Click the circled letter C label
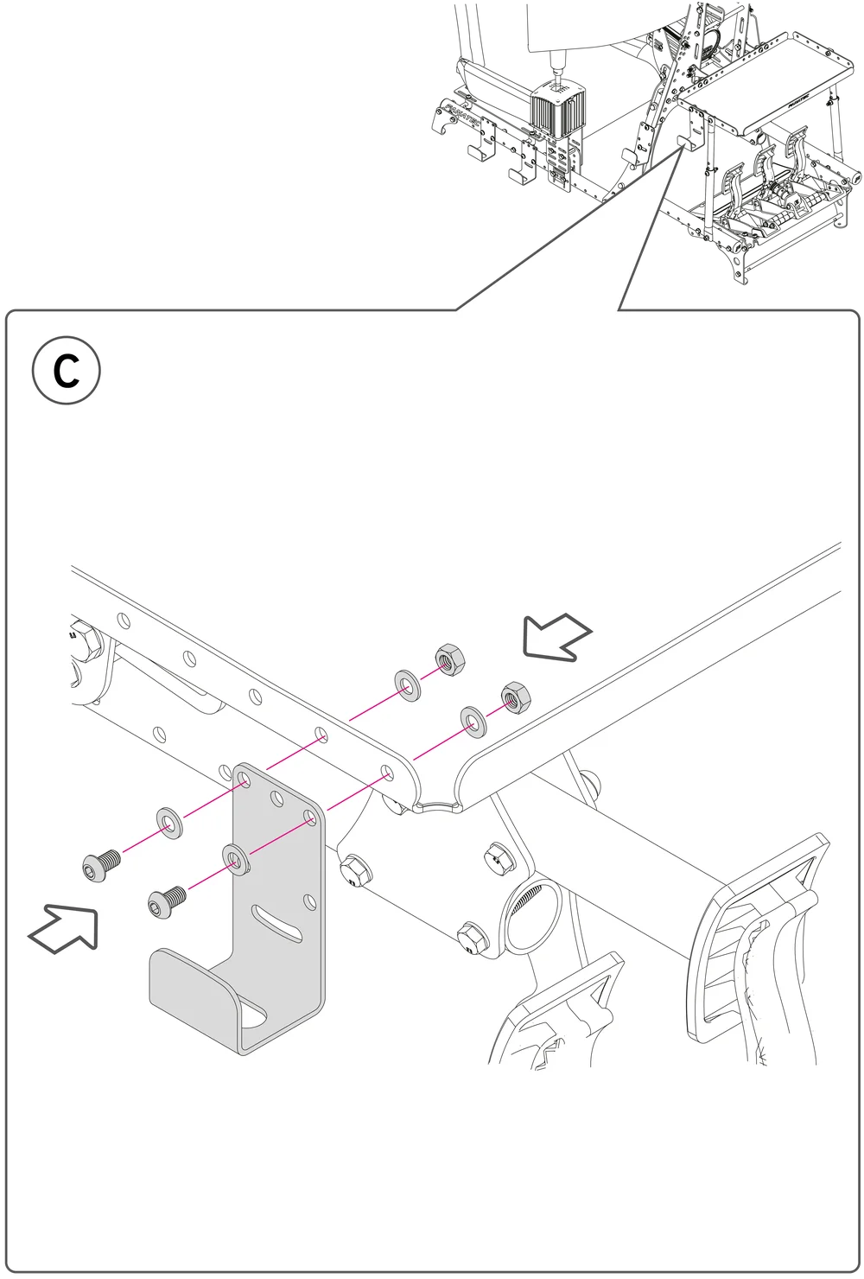click(67, 372)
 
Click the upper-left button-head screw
click(100, 862)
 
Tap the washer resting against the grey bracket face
click(235, 857)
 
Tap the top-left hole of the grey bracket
click(245, 780)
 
